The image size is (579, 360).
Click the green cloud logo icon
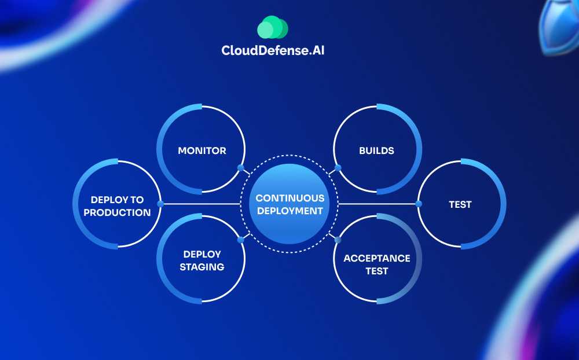click(273, 27)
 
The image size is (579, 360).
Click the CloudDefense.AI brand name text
click(273, 50)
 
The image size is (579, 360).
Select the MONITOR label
click(202, 150)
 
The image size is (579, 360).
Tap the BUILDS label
click(377, 150)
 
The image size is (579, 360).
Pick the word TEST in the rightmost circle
click(460, 204)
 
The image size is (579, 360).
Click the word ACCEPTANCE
click(377, 259)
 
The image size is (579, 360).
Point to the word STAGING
click(202, 267)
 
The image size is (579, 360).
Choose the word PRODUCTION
click(117, 212)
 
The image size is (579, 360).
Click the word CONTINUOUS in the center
click(290, 199)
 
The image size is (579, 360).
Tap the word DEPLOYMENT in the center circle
click(290, 211)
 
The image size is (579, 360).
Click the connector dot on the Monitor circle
click(241, 168)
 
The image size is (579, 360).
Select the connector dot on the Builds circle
click(338, 168)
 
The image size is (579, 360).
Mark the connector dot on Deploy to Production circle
click(160, 204)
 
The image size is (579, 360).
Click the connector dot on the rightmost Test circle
click(419, 204)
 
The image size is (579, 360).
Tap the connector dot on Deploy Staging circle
click(241, 240)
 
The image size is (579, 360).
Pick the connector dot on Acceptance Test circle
click(338, 240)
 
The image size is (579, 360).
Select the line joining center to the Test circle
click(377, 204)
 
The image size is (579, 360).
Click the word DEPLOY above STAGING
click(202, 255)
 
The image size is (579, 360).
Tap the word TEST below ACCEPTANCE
click(377, 271)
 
